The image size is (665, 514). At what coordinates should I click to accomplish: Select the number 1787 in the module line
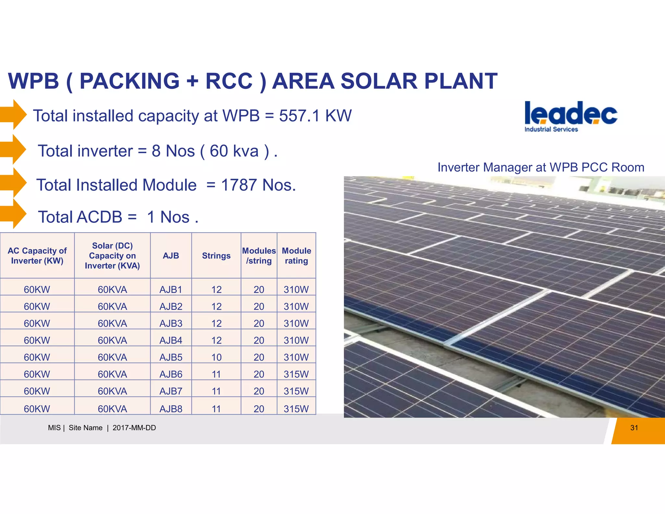239,185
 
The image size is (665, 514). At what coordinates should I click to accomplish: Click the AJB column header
171,256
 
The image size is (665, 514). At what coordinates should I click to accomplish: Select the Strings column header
216,256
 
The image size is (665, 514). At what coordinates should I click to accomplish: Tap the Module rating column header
296,256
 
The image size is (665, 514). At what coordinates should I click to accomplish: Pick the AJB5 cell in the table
171,357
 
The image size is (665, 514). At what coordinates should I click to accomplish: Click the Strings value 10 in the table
216,357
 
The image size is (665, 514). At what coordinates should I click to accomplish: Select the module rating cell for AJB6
296,374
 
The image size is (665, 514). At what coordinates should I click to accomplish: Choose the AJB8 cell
171,409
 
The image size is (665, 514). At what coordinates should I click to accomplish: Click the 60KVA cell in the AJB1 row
112,289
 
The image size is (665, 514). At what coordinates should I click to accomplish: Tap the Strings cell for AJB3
216,324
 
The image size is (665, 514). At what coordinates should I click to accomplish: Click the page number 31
634,428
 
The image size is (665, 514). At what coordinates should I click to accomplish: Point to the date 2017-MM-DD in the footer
134,428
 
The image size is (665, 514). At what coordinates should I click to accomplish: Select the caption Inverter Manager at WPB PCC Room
541,167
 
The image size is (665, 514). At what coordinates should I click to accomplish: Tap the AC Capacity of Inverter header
37,256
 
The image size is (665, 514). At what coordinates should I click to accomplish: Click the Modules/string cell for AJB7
259,391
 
